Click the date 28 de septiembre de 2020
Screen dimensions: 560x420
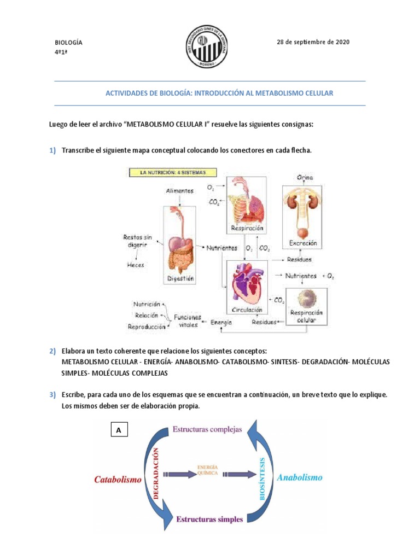pos(313,42)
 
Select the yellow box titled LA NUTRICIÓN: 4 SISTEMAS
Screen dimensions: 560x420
pos(172,172)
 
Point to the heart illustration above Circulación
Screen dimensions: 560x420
pos(247,285)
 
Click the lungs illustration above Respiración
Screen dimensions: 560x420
pos(247,202)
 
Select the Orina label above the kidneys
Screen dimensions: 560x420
pos(305,178)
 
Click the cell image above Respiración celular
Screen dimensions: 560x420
pos(306,297)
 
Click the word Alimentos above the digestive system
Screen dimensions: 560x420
pos(180,190)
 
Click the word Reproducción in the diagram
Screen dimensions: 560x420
pos(146,327)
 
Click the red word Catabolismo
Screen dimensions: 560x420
pos(118,480)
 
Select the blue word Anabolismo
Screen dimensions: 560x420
pos(300,477)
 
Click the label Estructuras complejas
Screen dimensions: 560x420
pos(207,429)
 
